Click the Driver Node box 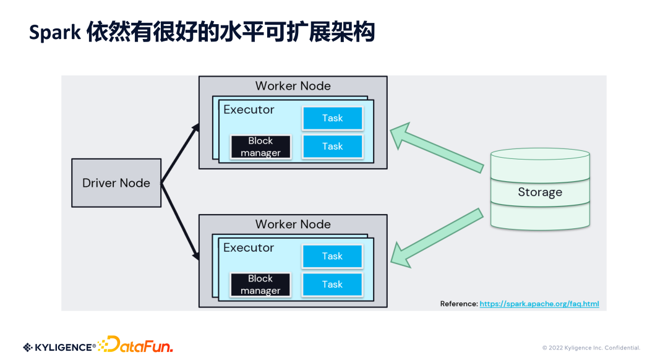tap(116, 183)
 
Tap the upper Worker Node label tap(293, 86)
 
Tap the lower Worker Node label tap(293, 224)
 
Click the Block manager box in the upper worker tap(260, 147)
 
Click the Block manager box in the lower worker tap(260, 285)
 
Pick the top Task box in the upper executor tap(332, 118)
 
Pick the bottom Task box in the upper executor tap(332, 147)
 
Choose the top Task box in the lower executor tap(332, 256)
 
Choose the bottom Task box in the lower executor tap(332, 285)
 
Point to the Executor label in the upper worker tap(249, 110)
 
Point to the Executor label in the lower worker tap(249, 247)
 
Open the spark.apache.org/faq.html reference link tap(539, 304)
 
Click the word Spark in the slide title tap(54, 33)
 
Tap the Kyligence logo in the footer tap(59, 347)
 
